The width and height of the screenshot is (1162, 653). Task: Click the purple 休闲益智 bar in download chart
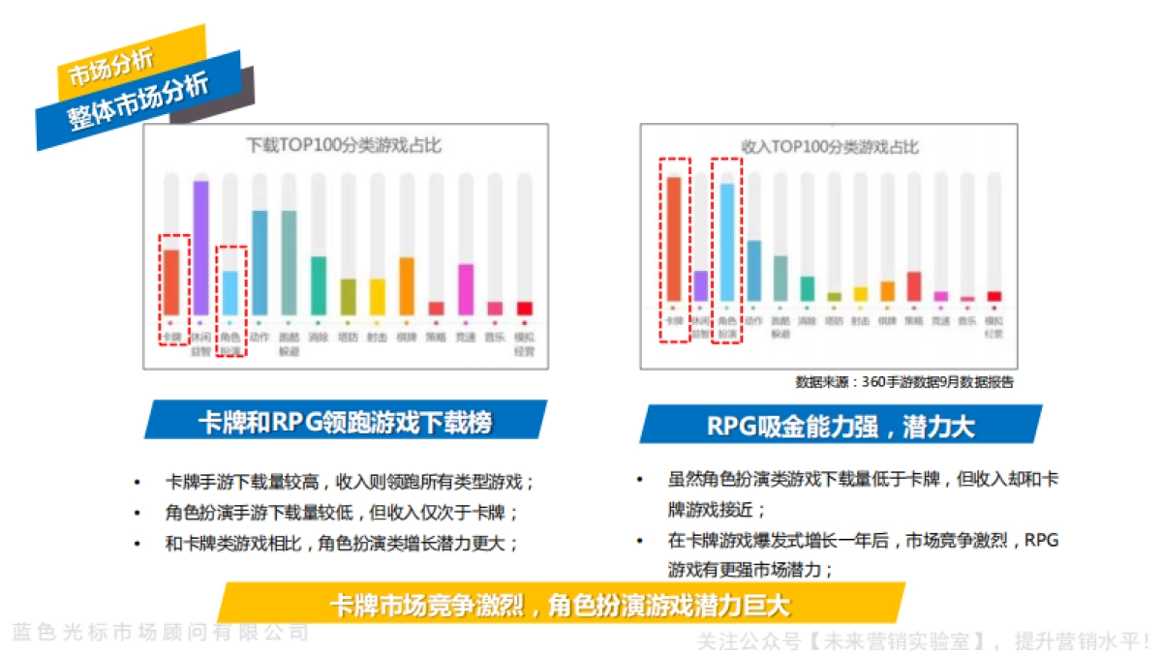tap(200, 248)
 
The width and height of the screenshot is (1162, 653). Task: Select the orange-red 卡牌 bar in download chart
tap(170, 282)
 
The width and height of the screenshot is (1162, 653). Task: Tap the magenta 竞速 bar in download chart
tap(466, 288)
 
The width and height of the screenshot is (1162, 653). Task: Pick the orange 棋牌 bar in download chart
tap(407, 285)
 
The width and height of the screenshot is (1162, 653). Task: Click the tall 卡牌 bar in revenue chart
tap(674, 238)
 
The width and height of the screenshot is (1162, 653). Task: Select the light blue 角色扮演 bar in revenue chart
tap(727, 242)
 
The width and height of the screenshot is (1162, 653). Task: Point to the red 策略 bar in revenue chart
tap(913, 285)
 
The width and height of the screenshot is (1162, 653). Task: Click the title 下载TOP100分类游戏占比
tap(345, 146)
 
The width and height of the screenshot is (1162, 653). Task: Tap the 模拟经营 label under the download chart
tap(524, 344)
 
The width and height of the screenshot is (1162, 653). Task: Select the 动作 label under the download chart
tap(260, 338)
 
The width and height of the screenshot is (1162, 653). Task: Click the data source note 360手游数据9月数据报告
tap(904, 382)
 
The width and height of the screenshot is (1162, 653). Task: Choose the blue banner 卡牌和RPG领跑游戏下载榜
tap(345, 422)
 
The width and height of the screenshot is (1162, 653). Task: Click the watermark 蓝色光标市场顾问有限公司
tap(161, 633)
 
